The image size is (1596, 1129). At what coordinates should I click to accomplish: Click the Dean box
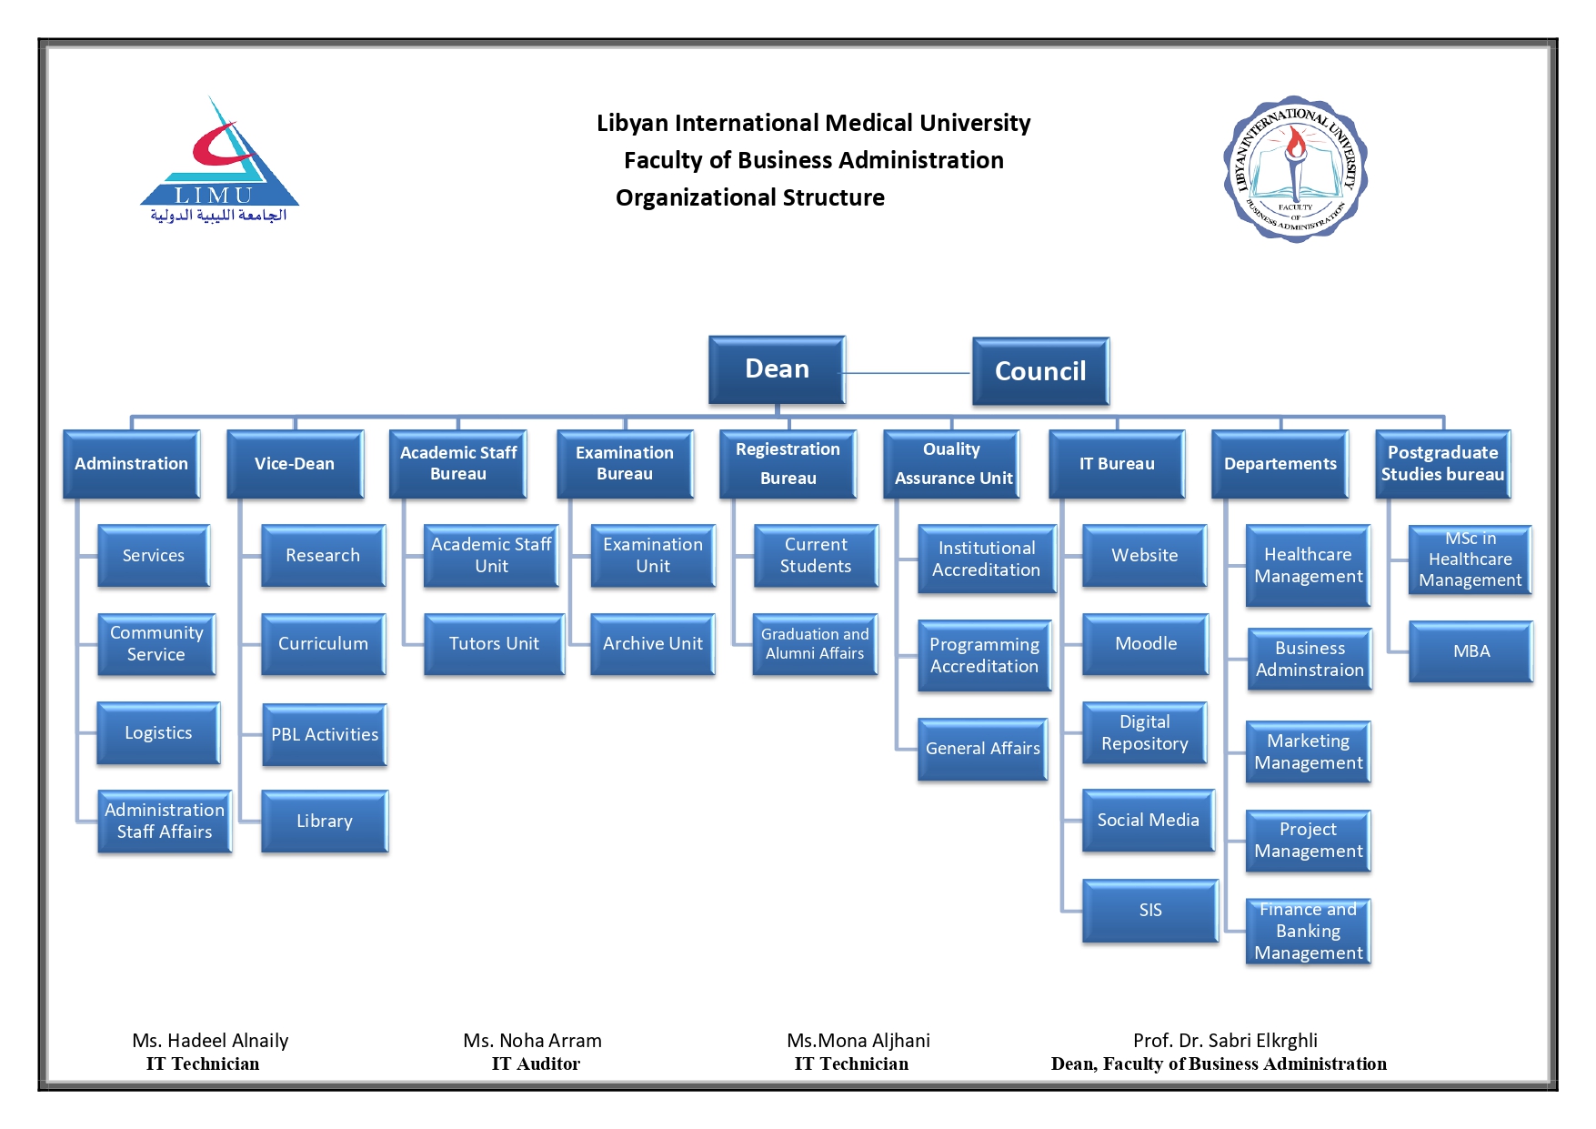777,369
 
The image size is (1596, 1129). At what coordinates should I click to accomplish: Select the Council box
1040,371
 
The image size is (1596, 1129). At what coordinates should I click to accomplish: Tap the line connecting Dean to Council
908,373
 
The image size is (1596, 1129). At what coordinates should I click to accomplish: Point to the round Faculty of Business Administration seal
1295,168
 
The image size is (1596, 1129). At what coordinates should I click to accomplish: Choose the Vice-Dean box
295,464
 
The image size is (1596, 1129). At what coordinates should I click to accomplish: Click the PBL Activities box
324,734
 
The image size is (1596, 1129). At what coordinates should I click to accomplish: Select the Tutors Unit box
494,644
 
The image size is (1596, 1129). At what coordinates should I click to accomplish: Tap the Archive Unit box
652,644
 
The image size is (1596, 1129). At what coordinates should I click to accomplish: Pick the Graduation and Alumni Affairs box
815,644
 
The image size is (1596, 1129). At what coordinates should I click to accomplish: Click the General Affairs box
982,749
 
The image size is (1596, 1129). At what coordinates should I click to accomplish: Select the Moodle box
1145,644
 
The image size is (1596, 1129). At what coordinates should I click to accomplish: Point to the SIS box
1149,911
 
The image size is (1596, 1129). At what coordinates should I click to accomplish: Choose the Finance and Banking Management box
1308,932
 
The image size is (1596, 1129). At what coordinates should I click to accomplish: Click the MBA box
1471,651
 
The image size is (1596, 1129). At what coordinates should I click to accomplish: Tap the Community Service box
156,644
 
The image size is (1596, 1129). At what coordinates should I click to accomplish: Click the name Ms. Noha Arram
532,1041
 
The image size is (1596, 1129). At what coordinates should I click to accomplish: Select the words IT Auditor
536,1064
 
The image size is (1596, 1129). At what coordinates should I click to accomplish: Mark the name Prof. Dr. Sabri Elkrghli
1225,1041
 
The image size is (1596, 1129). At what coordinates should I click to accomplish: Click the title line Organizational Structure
749,197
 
